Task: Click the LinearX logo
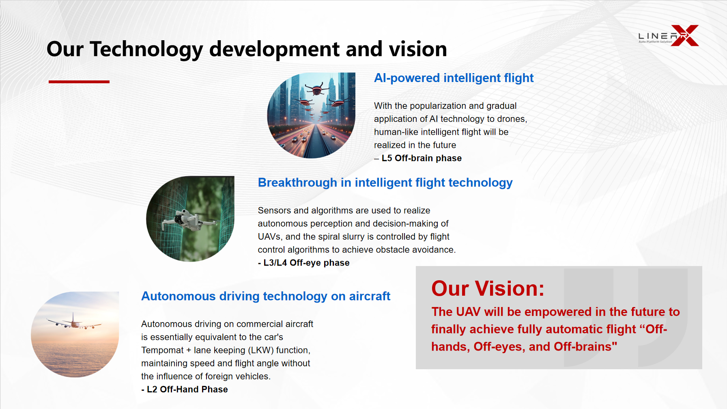coord(668,36)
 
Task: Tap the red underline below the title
coord(79,82)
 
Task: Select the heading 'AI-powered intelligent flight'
coord(454,78)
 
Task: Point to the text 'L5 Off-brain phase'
coord(422,158)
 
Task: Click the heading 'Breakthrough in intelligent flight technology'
coord(385,183)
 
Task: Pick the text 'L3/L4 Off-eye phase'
coord(306,263)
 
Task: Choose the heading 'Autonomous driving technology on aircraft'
coord(266,296)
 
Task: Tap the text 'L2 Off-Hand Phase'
coord(187,390)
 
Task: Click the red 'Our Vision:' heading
coord(488,288)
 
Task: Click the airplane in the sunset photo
coord(74,322)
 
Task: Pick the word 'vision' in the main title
coord(418,50)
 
